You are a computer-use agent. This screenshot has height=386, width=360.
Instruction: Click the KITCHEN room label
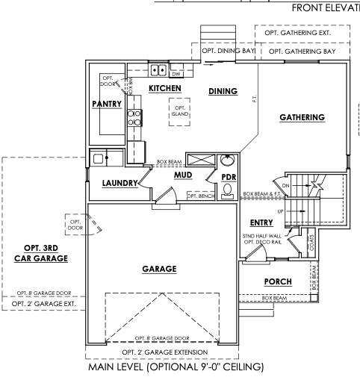click(x=165, y=88)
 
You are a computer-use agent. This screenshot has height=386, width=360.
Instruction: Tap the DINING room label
click(x=223, y=91)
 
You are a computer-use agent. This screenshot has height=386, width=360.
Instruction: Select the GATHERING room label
click(x=302, y=117)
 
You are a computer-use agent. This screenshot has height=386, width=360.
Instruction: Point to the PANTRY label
click(x=106, y=105)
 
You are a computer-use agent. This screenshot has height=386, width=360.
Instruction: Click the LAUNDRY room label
click(x=120, y=182)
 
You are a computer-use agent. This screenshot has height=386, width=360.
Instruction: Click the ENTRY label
click(x=262, y=223)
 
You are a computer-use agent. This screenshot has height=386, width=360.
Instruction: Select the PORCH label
click(x=279, y=281)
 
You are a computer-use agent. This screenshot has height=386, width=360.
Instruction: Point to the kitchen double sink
click(x=158, y=71)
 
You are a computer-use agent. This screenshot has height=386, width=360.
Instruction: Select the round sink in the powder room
click(x=229, y=161)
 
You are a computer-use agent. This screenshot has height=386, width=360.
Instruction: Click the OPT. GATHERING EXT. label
click(x=303, y=34)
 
